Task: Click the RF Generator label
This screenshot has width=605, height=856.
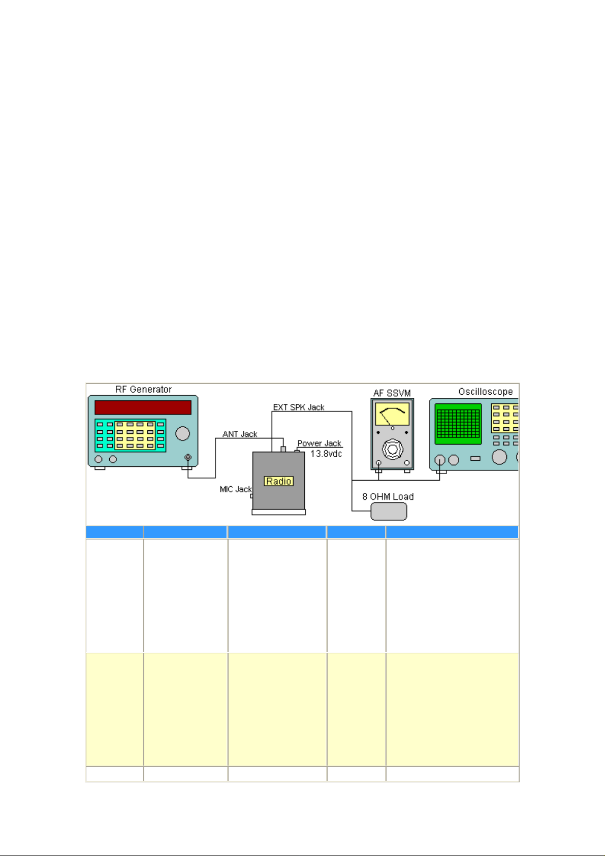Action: pos(143,390)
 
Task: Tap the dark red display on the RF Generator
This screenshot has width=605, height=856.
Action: pos(143,407)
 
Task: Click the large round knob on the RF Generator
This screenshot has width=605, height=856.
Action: pos(182,433)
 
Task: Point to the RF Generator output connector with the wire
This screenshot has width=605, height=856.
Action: pos(188,458)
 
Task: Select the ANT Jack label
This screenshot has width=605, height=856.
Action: pos(240,434)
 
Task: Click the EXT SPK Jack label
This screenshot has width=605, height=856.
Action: pos(299,407)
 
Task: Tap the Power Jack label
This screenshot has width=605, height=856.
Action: pos(319,443)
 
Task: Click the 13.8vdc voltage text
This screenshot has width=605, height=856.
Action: pos(326,454)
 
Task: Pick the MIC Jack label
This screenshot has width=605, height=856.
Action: pos(235,489)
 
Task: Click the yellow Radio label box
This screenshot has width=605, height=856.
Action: pos(278,481)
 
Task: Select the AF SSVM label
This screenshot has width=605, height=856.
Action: pos(392,393)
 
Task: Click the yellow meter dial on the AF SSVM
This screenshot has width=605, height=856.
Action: pos(392,415)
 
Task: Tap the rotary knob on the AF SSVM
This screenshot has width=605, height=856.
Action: pos(392,449)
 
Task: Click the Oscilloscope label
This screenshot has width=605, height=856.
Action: pos(485,392)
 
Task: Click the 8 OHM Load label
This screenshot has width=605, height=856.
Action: pos(388,497)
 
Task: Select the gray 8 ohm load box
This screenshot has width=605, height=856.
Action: pos(389,512)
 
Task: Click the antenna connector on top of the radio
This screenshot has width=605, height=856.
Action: pos(283,449)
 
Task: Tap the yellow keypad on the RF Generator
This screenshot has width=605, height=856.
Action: pos(135,435)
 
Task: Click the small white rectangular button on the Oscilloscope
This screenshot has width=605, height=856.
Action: pos(475,459)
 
